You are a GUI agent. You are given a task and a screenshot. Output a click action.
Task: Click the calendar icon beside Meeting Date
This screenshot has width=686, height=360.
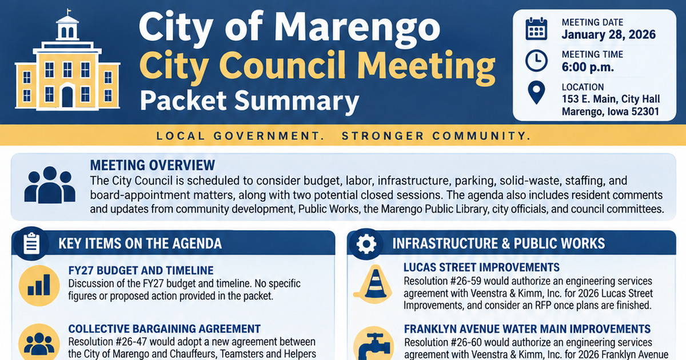click(536, 29)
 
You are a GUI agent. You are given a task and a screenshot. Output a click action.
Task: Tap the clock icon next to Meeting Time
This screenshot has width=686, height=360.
click(536, 61)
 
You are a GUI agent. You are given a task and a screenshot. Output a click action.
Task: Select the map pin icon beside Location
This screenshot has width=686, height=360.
click(536, 93)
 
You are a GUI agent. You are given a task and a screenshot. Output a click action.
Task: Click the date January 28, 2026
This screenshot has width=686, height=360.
click(608, 34)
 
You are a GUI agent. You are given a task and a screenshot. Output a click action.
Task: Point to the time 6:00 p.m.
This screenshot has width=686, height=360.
click(588, 67)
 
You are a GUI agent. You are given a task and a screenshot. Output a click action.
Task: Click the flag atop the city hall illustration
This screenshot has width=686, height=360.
click(69, 11)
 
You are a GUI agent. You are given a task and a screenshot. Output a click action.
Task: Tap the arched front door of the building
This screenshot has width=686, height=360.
click(67, 97)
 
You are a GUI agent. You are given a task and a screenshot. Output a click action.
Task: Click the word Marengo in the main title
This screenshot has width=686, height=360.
click(357, 29)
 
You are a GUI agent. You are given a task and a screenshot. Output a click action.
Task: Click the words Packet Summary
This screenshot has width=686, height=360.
click(249, 101)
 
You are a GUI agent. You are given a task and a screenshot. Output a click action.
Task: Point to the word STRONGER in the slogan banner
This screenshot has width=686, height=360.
click(383, 135)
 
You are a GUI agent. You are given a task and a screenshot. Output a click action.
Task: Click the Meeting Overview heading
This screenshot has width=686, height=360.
click(153, 165)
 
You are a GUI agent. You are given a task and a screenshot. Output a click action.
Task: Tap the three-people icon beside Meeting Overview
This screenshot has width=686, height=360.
click(50, 185)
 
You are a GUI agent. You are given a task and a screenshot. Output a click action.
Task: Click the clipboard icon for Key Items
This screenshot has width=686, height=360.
click(31, 243)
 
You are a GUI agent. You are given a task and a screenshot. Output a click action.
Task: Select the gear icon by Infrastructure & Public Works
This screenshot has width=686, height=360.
click(366, 243)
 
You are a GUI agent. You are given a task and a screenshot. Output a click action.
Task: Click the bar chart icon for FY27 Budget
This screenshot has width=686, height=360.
click(39, 285)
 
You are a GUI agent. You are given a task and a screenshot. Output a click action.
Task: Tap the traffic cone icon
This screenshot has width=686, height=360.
click(373, 283)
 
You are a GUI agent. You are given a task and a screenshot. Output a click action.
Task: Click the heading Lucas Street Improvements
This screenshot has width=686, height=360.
click(481, 267)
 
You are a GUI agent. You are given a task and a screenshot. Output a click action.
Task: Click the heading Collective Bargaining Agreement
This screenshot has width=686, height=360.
click(164, 329)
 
